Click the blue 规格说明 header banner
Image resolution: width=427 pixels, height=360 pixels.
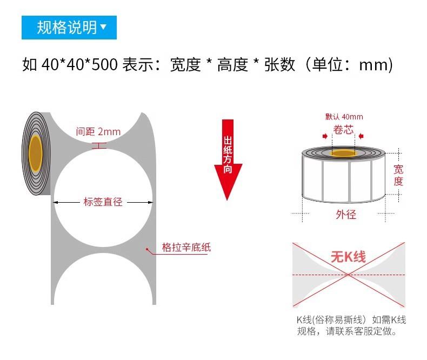coord(69,26)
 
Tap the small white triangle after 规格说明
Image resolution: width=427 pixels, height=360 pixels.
coord(104,26)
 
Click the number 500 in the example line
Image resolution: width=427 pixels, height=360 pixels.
coord(104,65)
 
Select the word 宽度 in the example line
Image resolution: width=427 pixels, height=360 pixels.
coord(185,65)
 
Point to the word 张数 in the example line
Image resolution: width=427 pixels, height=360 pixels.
coord(279,65)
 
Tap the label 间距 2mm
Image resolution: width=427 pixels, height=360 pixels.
coord(98,132)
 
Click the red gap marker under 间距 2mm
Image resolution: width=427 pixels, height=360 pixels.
coord(99,145)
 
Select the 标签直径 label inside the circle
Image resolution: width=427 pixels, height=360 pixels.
coord(103,202)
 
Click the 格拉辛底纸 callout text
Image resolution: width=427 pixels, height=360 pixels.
coord(186,248)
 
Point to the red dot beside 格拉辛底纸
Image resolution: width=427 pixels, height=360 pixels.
coord(147,249)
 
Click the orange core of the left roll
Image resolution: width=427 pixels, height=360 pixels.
coord(36,152)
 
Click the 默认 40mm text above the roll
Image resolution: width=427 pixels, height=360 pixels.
coord(344,117)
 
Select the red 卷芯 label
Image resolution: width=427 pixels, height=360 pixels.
coord(343,130)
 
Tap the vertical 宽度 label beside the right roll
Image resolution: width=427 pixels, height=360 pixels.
coord(398,175)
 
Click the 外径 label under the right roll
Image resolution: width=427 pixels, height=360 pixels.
coord(346,215)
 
